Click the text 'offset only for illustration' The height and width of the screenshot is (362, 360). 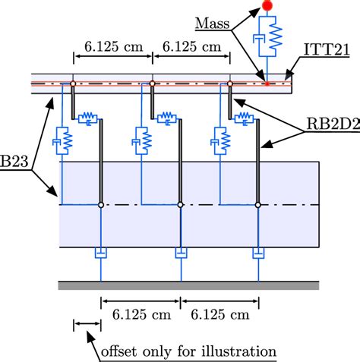[189, 351]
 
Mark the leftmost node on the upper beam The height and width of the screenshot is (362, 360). [73, 83]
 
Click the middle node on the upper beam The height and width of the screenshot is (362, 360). [153, 83]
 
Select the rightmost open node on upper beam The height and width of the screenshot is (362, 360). [230, 83]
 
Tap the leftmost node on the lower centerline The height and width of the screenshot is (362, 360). [101, 204]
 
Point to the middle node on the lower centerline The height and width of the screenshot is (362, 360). [180, 204]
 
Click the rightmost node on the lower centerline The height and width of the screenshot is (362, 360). [258, 204]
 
